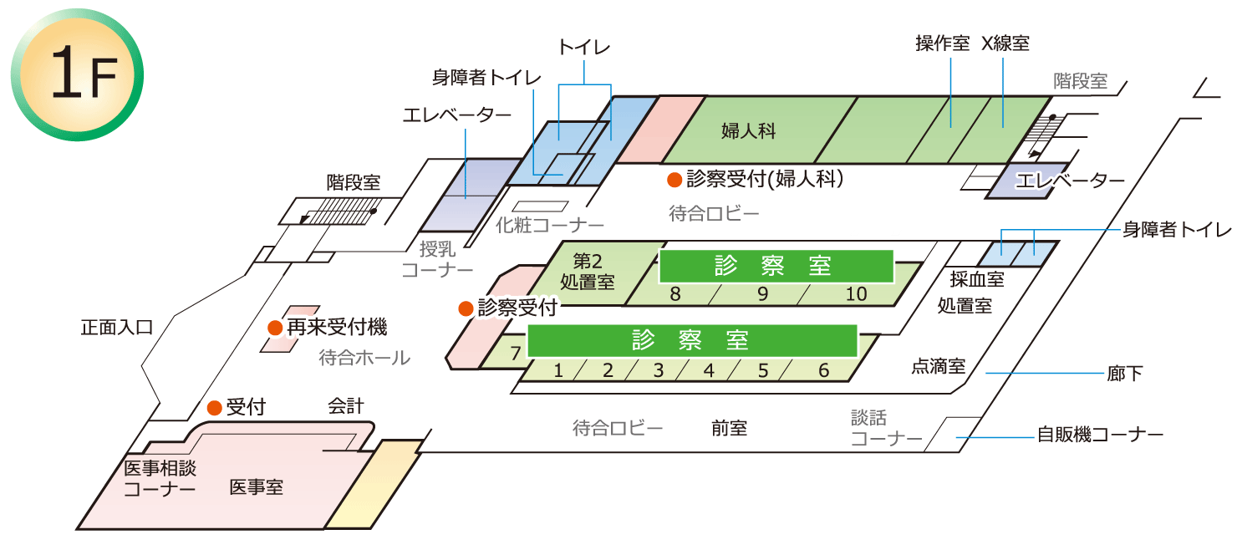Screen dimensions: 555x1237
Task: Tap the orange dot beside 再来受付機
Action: tap(274, 328)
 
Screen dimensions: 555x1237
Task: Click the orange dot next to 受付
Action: tap(214, 408)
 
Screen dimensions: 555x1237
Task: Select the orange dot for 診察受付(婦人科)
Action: tap(674, 179)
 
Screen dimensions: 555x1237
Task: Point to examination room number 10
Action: tap(856, 294)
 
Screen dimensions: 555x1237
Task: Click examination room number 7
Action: tap(516, 353)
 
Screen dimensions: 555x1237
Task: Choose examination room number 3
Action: tap(658, 370)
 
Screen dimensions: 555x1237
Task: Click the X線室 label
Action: tap(1005, 43)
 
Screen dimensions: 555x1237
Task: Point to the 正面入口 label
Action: tap(117, 327)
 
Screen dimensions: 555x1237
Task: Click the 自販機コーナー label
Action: tap(1100, 435)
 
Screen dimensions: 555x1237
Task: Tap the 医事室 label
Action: tap(256, 486)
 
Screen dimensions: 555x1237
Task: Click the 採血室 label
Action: tap(977, 279)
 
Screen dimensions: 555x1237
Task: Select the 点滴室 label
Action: tap(938, 366)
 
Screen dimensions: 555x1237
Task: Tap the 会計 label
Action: tap(345, 406)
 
